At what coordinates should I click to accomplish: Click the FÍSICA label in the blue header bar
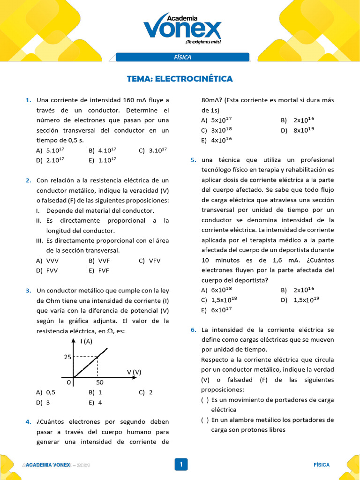pos(182,57)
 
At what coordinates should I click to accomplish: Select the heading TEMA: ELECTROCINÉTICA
pos(180,79)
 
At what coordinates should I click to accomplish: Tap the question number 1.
pos(28,100)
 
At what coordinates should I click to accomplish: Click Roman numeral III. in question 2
pos(40,240)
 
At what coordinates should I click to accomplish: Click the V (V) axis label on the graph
pos(134,372)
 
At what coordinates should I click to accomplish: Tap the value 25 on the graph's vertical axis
pos(67,357)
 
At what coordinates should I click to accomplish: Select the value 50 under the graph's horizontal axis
pos(99,382)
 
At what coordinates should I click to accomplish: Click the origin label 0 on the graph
pos(68,382)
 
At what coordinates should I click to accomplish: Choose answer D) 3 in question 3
pos(43,402)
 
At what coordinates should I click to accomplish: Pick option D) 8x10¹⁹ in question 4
pos(297,130)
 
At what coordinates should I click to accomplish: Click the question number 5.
pos(193,160)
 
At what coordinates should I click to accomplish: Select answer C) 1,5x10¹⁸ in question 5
pos(219,300)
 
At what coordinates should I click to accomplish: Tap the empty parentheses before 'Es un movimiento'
pos(205,400)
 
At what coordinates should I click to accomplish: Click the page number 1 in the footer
pos(180,465)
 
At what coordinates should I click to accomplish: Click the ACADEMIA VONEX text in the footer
pos(48,465)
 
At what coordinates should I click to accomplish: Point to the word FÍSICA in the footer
pos(322,465)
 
